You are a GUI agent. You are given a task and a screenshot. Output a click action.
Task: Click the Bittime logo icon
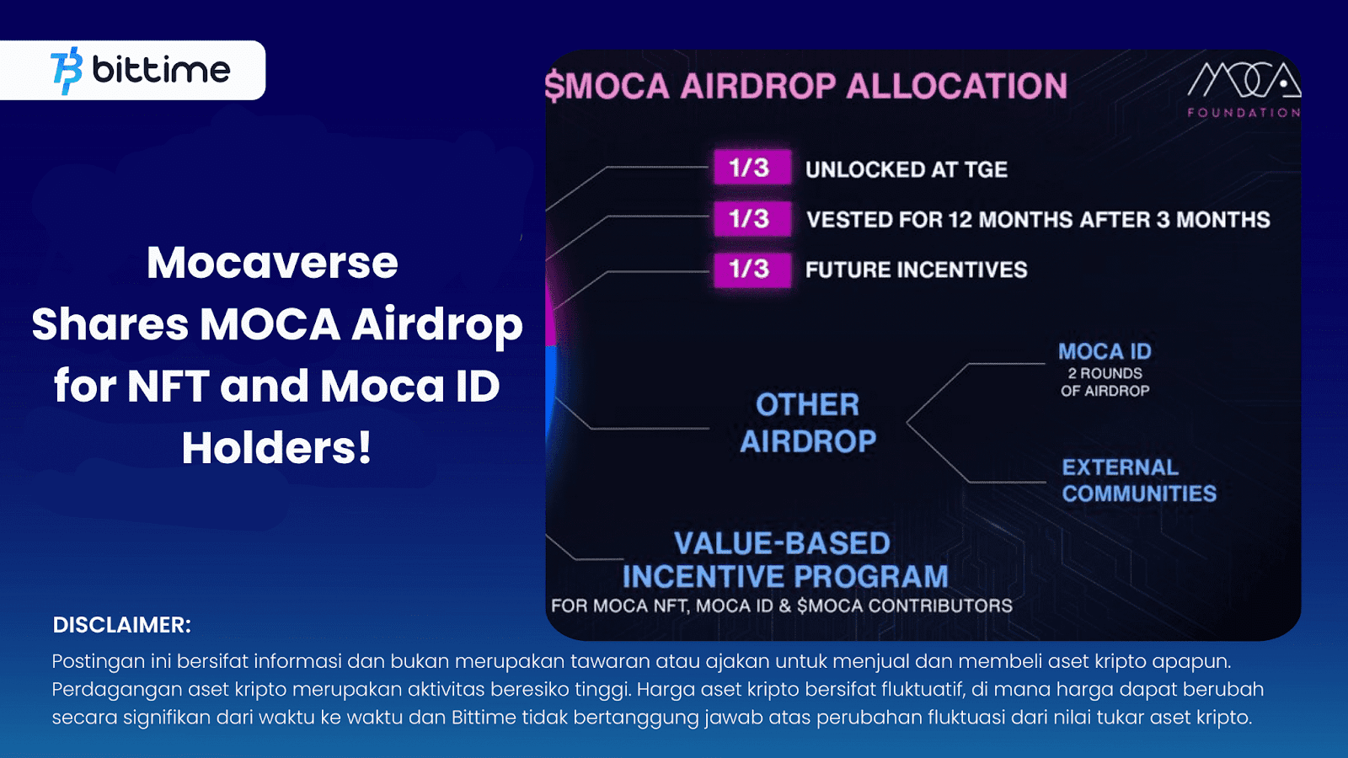[67, 70]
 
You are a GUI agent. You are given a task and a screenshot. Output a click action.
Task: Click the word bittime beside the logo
[161, 70]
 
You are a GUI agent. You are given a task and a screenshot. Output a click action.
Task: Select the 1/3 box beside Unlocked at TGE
[752, 168]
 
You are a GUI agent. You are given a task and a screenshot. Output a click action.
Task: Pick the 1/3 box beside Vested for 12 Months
[752, 219]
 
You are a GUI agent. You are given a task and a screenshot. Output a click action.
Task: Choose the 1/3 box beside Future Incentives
[752, 270]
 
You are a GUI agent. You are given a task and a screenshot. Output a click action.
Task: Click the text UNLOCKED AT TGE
[906, 169]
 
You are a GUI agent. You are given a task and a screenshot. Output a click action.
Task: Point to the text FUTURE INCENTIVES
[916, 270]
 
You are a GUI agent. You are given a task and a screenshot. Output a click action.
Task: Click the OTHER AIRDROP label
[807, 423]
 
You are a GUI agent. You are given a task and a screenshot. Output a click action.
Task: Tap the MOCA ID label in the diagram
[1105, 351]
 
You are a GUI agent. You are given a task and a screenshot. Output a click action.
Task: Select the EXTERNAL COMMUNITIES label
[1138, 480]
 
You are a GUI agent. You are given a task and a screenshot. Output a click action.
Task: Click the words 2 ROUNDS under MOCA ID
[1105, 373]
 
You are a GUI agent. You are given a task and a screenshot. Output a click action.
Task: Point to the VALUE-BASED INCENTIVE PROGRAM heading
[784, 560]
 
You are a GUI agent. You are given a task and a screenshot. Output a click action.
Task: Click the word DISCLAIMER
[122, 625]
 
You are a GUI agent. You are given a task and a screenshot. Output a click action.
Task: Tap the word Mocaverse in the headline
[272, 263]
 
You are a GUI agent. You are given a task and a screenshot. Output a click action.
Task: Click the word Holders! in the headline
[276, 447]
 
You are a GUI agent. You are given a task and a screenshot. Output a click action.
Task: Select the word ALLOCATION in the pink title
[956, 86]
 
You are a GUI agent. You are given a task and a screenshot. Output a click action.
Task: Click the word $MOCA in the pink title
[607, 86]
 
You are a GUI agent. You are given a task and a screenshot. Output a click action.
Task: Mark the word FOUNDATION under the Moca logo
[1244, 112]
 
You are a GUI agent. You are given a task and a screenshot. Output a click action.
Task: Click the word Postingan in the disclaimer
[98, 662]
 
